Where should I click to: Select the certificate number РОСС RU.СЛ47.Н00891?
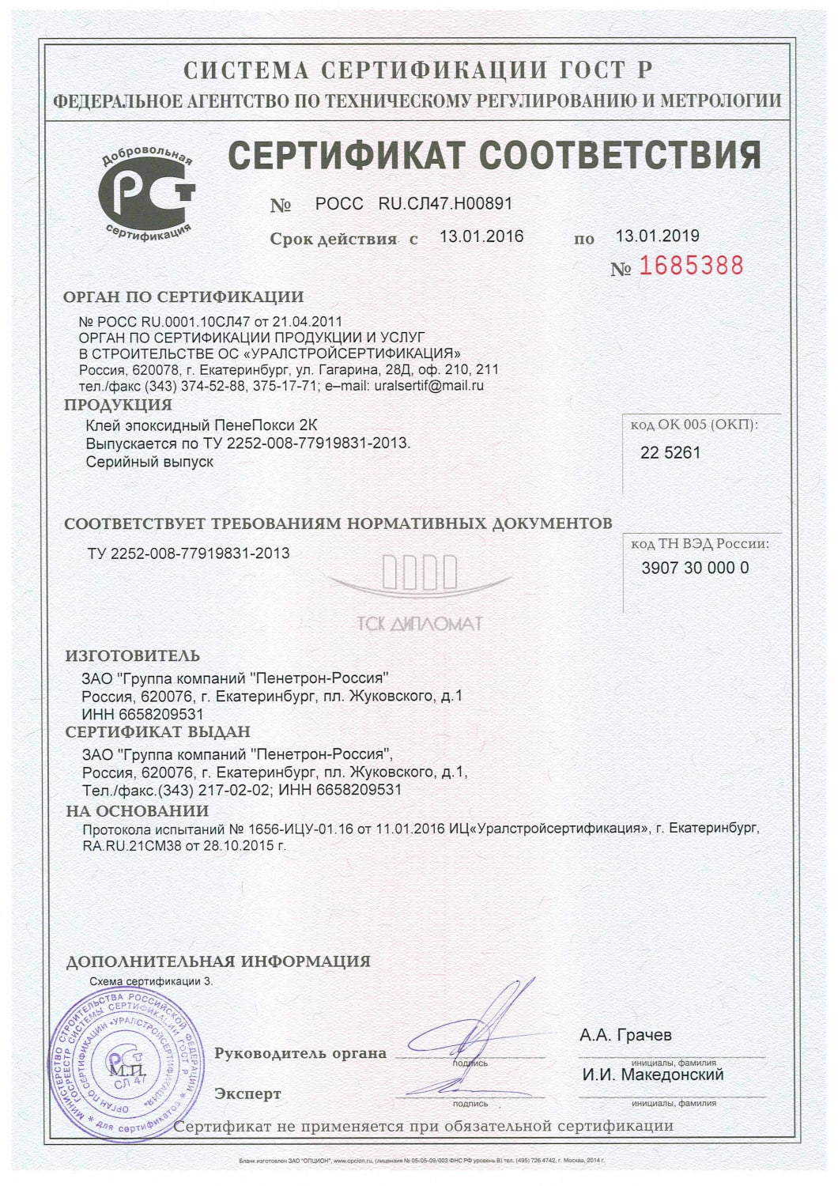[413, 203]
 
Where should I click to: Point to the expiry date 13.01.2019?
[657, 236]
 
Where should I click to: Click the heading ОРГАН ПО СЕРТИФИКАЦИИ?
[183, 297]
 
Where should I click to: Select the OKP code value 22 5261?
[670, 453]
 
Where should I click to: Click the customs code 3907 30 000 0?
[695, 568]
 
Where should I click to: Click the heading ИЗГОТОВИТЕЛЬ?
[132, 655]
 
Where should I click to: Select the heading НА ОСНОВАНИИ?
[137, 810]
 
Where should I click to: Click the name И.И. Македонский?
[653, 1075]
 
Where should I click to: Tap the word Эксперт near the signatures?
[247, 1094]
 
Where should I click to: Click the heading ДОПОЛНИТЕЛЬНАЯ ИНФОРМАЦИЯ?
[217, 961]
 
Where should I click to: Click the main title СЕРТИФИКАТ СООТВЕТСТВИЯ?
[494, 155]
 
